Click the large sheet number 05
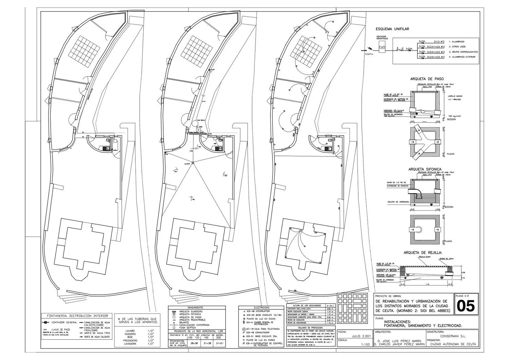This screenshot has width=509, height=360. click(x=466, y=306)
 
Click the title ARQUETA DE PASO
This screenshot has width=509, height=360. click(x=427, y=79)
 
